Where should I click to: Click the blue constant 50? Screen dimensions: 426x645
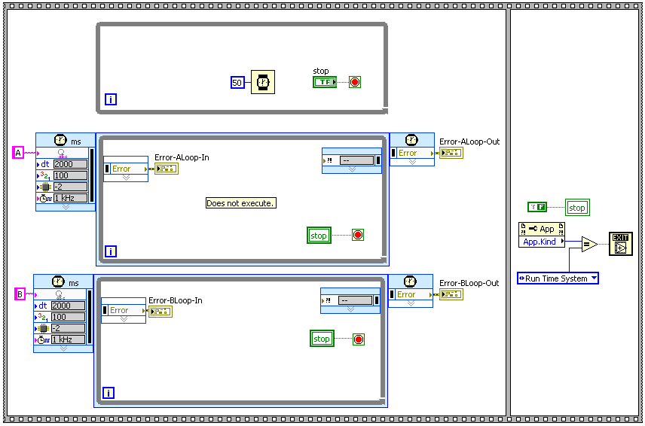[x=237, y=83]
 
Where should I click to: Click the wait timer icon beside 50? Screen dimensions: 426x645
[x=262, y=82]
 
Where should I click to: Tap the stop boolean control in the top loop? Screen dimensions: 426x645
[x=324, y=82]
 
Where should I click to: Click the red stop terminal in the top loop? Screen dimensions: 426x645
[x=355, y=82]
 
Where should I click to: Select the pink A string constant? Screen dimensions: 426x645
[x=19, y=153]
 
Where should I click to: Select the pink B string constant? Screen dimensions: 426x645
[x=20, y=294]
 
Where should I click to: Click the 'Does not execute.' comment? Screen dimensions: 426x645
[x=240, y=203]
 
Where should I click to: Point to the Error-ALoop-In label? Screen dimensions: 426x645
[x=182, y=157]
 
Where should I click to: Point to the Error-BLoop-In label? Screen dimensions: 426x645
[x=176, y=300]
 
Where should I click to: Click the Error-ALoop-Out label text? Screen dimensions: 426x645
[x=469, y=141]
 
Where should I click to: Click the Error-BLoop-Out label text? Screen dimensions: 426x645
[x=469, y=283]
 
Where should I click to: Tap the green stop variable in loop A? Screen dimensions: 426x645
[x=319, y=236]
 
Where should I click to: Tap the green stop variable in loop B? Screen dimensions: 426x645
[x=322, y=339]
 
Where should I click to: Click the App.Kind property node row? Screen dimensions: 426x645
[x=541, y=242]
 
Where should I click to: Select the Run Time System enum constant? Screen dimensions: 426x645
[x=558, y=278]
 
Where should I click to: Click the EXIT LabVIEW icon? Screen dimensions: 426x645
[x=620, y=244]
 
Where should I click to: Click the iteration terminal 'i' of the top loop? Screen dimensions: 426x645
[x=111, y=99]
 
